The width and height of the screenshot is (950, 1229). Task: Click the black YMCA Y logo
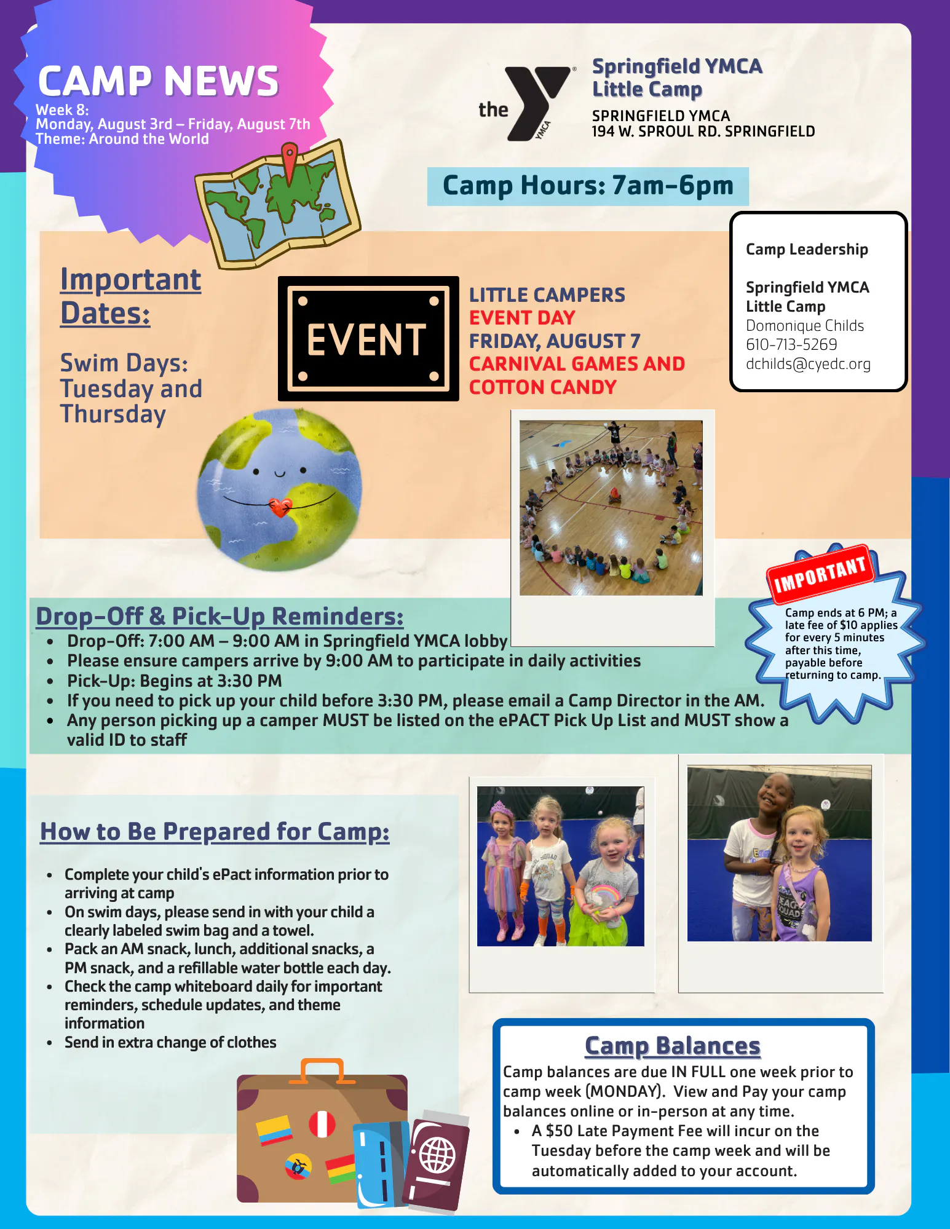(535, 102)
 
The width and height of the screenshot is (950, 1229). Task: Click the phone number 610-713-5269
(791, 344)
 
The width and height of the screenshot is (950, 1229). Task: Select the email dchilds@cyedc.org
(808, 364)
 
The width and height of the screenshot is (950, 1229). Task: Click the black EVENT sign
(368, 339)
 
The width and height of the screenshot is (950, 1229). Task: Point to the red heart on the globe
(280, 507)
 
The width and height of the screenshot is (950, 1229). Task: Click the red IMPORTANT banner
(820, 572)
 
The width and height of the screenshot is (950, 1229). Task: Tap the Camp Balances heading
(673, 1046)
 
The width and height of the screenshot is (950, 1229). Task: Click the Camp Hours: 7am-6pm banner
(588, 186)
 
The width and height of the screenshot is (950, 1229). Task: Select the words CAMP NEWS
(159, 82)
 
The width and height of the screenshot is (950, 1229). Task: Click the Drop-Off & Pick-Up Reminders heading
(220, 617)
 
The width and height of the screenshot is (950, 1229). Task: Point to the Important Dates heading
(130, 297)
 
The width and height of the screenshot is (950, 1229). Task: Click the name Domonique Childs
(805, 326)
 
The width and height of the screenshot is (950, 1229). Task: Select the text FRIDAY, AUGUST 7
(555, 341)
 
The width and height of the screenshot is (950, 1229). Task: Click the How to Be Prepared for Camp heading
(215, 832)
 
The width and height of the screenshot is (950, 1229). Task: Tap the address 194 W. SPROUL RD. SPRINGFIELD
(703, 132)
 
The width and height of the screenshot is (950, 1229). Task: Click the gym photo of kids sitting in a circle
(611, 508)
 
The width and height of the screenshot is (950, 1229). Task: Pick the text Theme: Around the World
(122, 139)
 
